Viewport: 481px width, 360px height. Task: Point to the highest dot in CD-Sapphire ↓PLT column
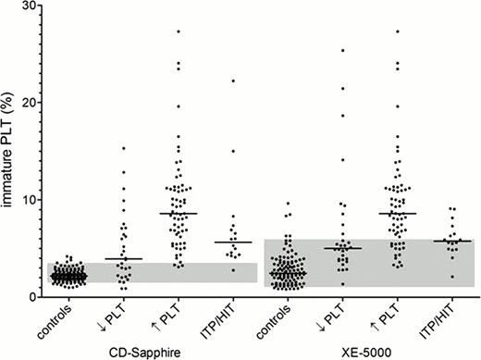(x=124, y=148)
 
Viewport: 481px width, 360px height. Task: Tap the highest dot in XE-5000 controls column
(x=288, y=204)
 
